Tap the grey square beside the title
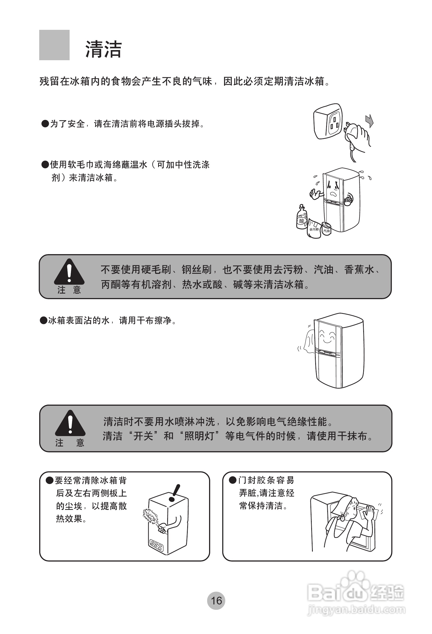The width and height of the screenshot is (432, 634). pos(54,45)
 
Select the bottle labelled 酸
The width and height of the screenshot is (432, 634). pos(302,218)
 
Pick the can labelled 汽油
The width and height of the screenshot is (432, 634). pos(326,229)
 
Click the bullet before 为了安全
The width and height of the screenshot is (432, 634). pos(45,124)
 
